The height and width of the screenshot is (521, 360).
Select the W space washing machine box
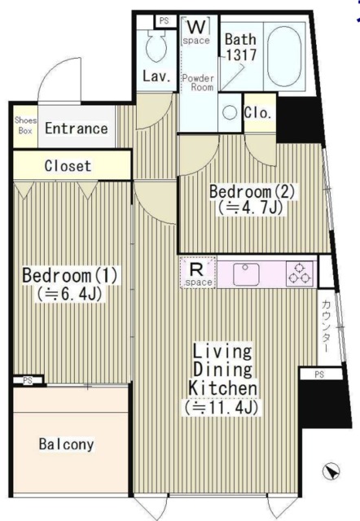click(195, 31)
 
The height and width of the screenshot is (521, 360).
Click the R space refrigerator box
click(196, 272)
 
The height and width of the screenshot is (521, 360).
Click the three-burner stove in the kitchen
click(299, 274)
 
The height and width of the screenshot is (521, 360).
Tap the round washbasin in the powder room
click(230, 112)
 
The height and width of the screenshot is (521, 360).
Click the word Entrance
click(76, 129)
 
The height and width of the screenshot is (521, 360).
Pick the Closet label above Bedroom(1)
click(68, 166)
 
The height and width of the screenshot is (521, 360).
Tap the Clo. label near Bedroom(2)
click(258, 113)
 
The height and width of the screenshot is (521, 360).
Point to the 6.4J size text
click(70, 294)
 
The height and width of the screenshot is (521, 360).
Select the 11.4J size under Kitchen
click(223, 406)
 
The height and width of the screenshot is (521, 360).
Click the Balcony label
click(66, 444)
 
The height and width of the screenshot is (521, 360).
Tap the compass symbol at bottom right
click(331, 471)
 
